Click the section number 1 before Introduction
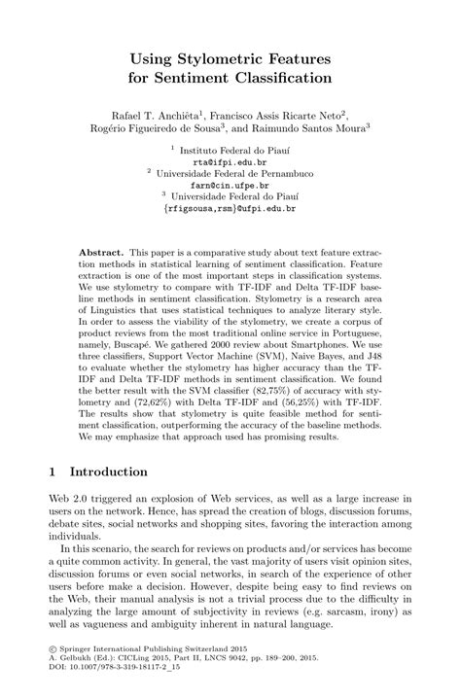53,472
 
